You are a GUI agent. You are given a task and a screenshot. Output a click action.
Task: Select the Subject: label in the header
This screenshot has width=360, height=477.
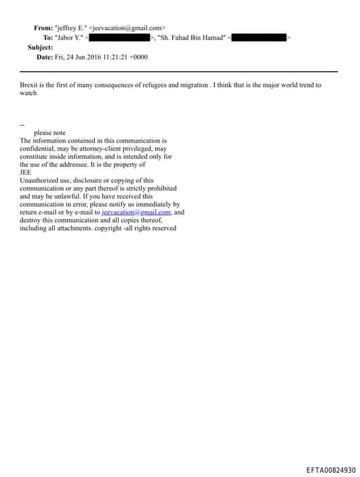coord(40,47)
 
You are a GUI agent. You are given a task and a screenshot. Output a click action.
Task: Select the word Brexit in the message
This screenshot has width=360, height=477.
coord(30,85)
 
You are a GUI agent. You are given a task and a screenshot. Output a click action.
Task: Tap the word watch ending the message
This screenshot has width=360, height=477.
coord(28,93)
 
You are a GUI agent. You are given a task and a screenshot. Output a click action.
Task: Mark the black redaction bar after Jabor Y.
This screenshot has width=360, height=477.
coord(120,37)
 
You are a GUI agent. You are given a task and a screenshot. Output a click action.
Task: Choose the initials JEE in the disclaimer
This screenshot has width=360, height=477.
coord(25,172)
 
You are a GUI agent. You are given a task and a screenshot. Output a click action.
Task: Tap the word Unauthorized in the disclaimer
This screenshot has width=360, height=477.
coord(40,180)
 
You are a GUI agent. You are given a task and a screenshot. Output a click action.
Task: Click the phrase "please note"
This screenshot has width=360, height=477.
coord(49,132)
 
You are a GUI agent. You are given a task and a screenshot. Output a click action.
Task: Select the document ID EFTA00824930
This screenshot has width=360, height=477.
coord(330,469)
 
